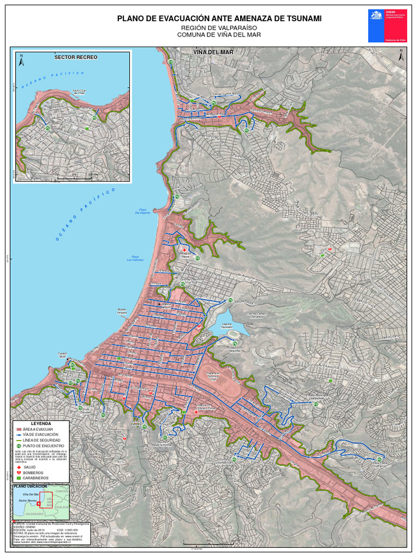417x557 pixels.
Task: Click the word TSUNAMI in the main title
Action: point(301,18)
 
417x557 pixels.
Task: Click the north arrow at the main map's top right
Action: point(400,55)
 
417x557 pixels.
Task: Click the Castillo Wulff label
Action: point(62,355)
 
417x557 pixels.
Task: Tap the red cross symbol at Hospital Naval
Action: point(185,249)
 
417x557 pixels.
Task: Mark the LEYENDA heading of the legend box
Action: point(41,423)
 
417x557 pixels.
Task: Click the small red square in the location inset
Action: point(39,504)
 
